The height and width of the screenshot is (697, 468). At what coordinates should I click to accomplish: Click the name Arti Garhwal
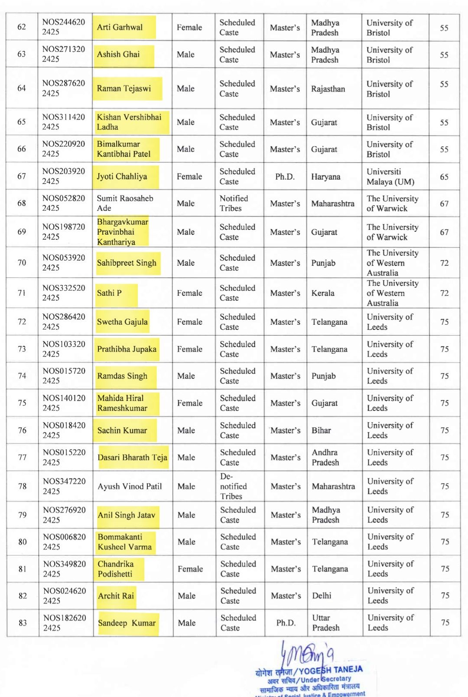point(120,27)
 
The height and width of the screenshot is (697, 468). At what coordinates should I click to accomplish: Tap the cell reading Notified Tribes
point(234,203)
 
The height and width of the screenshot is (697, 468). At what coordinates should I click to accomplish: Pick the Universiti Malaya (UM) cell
point(390,177)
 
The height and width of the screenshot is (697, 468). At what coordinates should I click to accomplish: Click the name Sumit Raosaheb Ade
point(125,203)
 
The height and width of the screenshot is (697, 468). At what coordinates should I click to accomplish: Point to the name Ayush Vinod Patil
point(130,487)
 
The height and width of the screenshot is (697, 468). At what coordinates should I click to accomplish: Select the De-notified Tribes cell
point(233,487)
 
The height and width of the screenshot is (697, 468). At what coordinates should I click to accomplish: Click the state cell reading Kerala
point(323,293)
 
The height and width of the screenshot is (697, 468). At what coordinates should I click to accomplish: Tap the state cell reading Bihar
point(321,430)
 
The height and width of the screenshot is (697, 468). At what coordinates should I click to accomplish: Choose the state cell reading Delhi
point(322,596)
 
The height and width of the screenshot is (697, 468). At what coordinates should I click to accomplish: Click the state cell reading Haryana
point(325,177)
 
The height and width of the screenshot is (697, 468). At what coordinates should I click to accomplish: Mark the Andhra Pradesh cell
point(325,458)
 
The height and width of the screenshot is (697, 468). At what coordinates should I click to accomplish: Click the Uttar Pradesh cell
point(325,623)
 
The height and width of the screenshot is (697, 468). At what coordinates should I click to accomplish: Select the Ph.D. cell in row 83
point(286,623)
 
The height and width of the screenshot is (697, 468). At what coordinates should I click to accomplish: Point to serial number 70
point(22,263)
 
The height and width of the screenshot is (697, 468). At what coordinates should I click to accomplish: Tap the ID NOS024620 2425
point(64,596)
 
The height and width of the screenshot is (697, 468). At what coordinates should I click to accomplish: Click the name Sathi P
point(109,293)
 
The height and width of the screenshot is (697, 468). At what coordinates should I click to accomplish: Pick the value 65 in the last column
point(444,177)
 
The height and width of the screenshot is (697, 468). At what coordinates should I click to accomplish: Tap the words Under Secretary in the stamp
point(326,679)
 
